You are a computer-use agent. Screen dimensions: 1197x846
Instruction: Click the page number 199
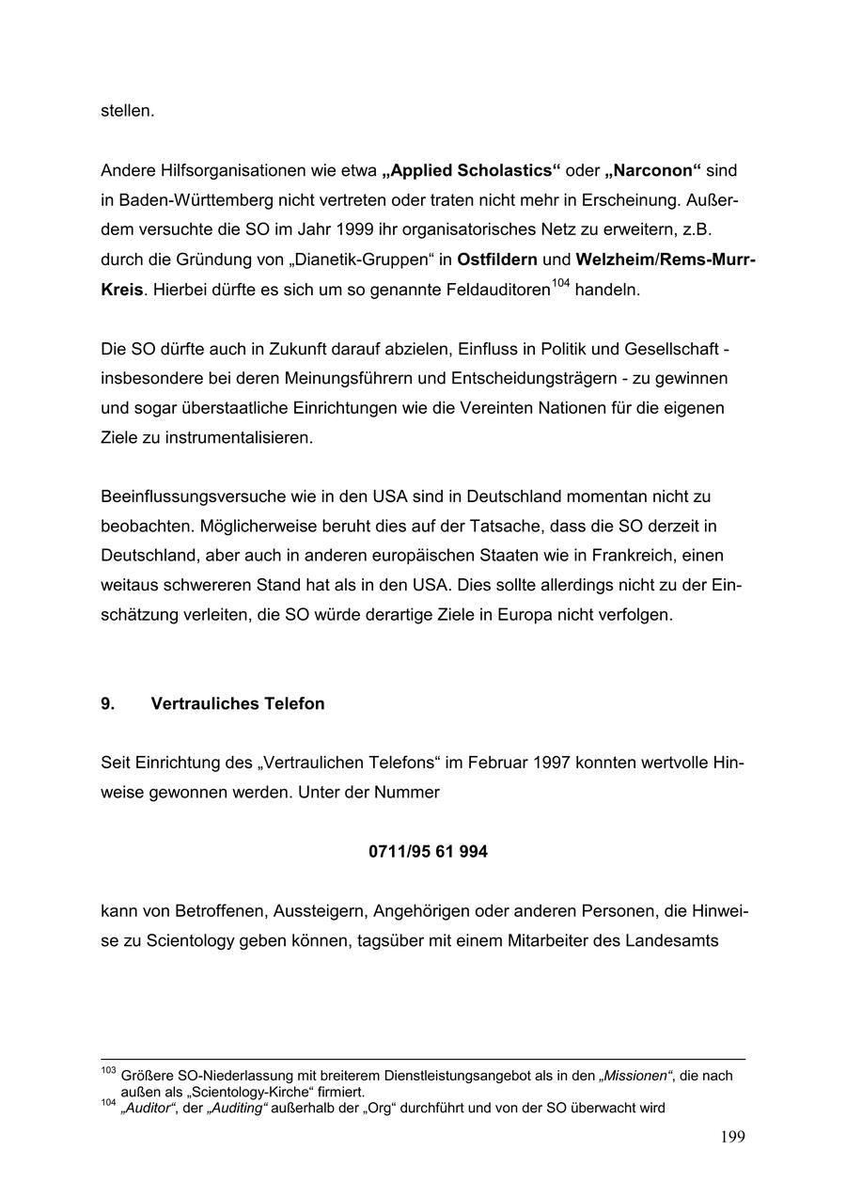point(732,1138)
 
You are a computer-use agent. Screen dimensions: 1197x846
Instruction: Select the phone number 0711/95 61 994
point(428,853)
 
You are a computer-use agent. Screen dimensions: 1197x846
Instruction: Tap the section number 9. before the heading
point(108,704)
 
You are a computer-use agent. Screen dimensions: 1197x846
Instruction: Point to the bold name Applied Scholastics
point(471,171)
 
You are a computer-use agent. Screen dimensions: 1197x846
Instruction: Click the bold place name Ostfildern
point(497,260)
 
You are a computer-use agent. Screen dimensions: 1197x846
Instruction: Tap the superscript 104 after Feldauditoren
point(561,283)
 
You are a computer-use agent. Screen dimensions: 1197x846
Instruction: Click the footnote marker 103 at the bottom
point(107,1071)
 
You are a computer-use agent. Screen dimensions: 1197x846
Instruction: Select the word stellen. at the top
point(127,111)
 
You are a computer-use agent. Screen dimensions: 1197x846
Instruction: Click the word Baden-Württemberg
point(196,201)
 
